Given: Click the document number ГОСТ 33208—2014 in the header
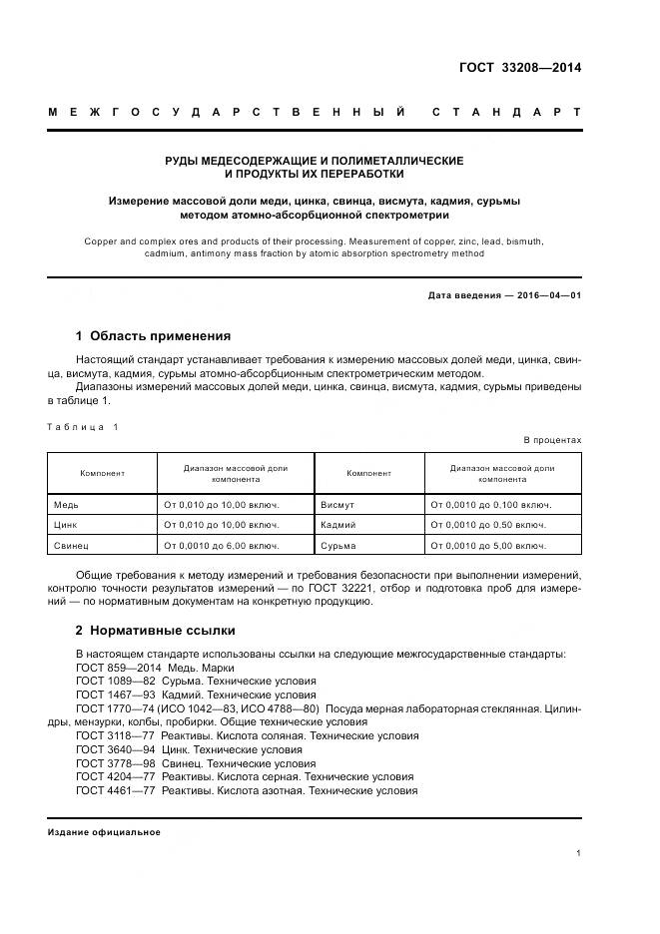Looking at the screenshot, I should coord(519,68).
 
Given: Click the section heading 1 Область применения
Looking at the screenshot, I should coord(153,336).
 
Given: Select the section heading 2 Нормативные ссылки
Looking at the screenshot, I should coord(155,631).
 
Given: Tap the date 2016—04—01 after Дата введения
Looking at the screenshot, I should coord(548,295).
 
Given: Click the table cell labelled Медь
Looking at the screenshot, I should coord(66,505).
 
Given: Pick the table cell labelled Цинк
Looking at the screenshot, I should coord(66,525).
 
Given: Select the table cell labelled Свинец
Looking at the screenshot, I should coord(71,546).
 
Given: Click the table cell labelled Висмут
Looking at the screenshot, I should coord(337,505).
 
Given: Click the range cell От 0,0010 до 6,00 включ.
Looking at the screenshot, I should coord(221,546).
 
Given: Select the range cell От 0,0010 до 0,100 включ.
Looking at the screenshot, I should coord(490,505).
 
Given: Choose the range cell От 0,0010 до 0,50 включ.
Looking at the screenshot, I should coord(487,525).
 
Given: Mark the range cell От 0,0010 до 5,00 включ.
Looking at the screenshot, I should coord(487,546).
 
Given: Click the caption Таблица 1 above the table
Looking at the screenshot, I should coord(83,427).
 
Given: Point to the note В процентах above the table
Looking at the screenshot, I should coord(552,440).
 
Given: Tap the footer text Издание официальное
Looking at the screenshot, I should coord(104,832).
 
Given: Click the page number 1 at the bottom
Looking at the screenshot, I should coord(578,853).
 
